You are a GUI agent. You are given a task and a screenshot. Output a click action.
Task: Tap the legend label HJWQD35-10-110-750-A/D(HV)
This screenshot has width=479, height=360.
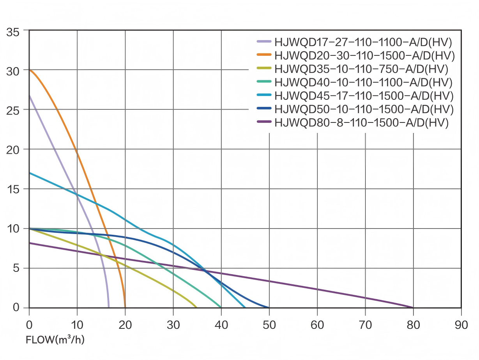361,69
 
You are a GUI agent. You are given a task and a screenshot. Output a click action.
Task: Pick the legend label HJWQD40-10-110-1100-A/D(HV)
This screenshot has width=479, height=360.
363,82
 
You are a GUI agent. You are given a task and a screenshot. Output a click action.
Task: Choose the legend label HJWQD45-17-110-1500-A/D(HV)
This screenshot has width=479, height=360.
364,96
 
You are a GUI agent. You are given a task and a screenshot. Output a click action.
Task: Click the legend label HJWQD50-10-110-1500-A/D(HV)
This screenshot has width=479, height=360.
364,109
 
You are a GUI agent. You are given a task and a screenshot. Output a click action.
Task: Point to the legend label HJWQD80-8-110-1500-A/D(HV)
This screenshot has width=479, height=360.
361,122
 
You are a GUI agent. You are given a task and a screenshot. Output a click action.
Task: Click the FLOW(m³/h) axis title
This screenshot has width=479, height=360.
55,340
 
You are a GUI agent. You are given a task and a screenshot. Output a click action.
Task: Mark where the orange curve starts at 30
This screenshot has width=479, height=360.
30,70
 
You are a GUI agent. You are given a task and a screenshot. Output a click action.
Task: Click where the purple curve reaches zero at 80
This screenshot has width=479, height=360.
413,307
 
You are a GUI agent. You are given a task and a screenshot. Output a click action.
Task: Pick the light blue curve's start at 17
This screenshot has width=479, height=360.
30,173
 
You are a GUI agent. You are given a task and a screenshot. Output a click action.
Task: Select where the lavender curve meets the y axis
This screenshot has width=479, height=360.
30,96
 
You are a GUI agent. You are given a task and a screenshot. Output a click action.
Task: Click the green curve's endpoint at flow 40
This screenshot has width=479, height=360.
221,307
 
